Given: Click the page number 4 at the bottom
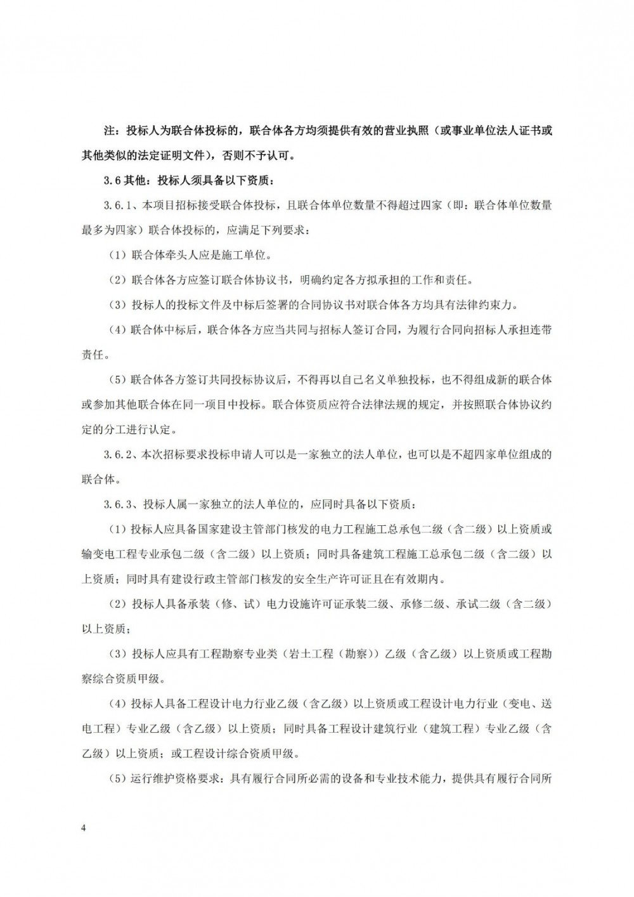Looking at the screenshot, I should (x=83, y=828).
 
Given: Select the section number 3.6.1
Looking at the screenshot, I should (x=117, y=206).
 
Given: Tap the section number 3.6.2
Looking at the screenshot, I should (x=117, y=454).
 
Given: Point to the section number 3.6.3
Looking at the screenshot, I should (x=117, y=505).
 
